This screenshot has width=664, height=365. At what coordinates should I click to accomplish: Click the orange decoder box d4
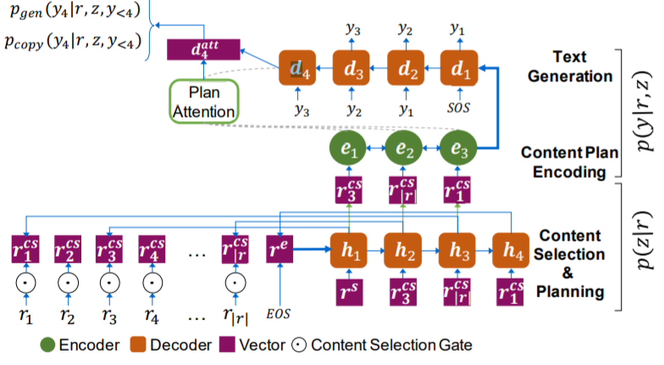297,67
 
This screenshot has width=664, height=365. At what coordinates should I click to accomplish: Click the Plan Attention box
205,100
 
